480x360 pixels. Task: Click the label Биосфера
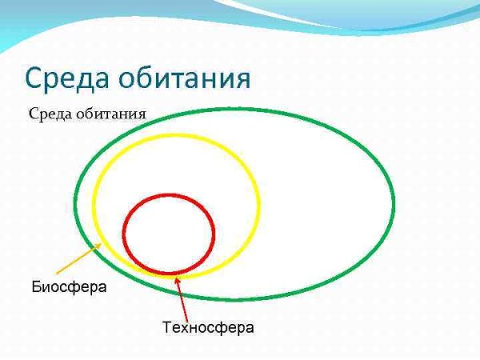tap(69, 286)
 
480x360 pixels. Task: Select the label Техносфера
tap(208, 327)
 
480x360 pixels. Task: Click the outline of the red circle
tap(214, 233)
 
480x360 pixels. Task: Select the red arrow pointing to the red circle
tap(182, 296)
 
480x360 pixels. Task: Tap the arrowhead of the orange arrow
tap(100, 246)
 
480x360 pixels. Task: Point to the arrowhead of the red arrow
tap(176, 278)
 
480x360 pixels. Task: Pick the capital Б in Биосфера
tap(36, 286)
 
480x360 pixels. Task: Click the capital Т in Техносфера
tap(166, 327)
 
